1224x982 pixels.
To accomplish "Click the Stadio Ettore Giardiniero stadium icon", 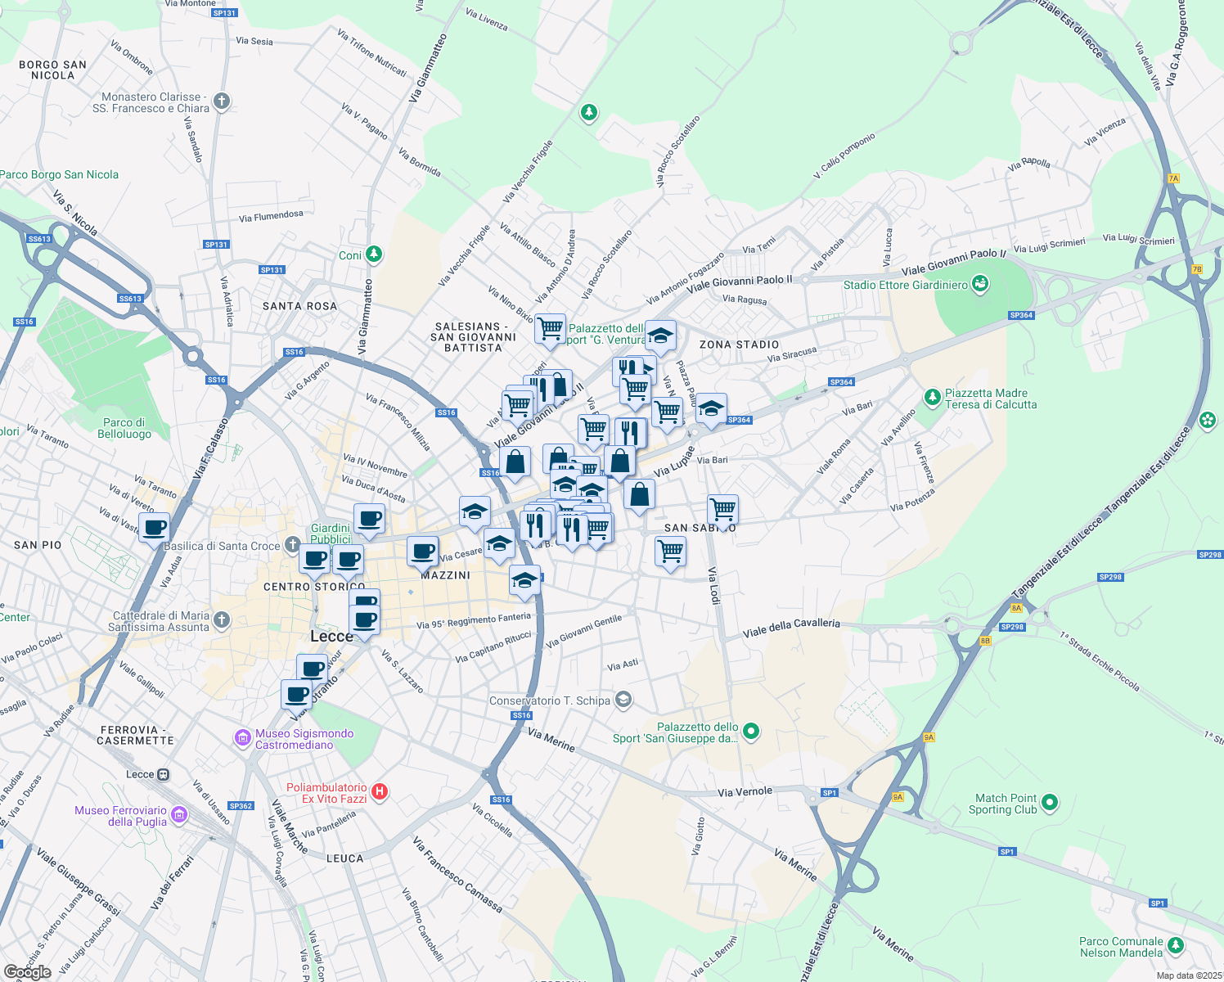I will (x=980, y=285).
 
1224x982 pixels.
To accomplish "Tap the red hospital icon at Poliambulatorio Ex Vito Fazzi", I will (x=379, y=791).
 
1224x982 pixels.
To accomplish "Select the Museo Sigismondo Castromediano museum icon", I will (x=242, y=738).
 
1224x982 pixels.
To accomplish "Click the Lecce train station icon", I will (x=164, y=774).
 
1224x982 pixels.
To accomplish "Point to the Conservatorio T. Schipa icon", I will (x=623, y=700).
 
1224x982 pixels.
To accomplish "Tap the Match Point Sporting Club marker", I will (x=1051, y=803).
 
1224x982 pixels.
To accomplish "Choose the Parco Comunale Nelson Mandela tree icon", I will (x=1176, y=946).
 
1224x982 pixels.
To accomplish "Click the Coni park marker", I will (x=374, y=255).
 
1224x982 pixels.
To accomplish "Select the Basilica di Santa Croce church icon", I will (x=293, y=546).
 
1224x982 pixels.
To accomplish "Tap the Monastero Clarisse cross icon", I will (x=222, y=102).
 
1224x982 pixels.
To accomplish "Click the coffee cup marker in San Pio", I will (x=154, y=527).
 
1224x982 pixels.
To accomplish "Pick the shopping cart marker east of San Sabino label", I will (x=722, y=509).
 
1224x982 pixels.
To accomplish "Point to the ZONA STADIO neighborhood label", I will (x=739, y=345).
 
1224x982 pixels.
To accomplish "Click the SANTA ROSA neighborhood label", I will (x=299, y=306).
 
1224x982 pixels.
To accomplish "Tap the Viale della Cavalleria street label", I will (x=791, y=628).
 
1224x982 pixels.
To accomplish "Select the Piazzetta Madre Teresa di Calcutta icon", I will (x=932, y=398).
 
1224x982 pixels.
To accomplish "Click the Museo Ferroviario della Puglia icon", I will (x=179, y=815).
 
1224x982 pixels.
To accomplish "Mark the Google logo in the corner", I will (x=27, y=971).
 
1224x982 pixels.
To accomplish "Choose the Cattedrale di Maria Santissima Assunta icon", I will (x=222, y=620).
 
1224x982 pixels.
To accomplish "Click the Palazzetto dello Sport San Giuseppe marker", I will (x=751, y=732).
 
